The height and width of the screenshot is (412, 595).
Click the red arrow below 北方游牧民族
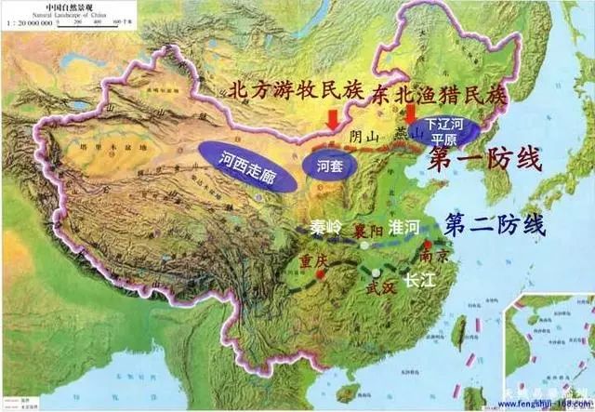point(333,120)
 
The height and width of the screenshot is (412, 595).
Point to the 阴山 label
point(364,137)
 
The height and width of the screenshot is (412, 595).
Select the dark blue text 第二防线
point(495,224)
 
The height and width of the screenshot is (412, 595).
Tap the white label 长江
point(417,275)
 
